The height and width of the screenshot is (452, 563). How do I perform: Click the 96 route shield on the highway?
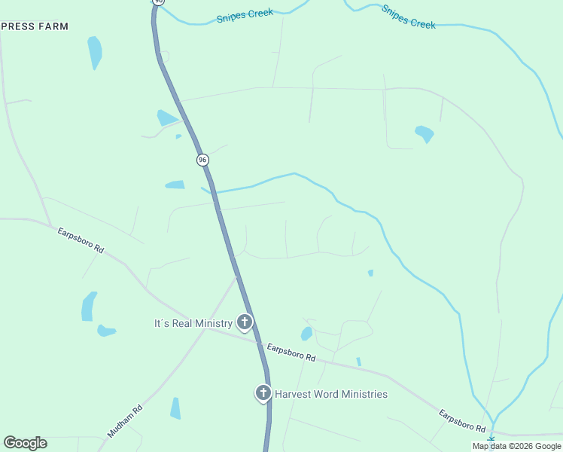[x=202, y=160]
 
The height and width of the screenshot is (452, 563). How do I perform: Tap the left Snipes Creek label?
[x=245, y=16]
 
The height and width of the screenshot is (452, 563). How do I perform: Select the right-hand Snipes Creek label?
[x=408, y=16]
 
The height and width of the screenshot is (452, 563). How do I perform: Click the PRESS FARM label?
[x=35, y=26]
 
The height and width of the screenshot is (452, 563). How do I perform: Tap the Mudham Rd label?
[x=125, y=423]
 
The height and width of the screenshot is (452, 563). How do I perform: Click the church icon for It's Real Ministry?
[x=244, y=322]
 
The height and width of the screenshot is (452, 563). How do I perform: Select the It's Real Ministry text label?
[x=193, y=323]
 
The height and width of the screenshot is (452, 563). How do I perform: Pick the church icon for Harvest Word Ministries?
[x=263, y=392]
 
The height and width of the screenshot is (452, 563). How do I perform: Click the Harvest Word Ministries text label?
[x=330, y=394]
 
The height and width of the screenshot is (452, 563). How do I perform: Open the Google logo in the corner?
[x=25, y=443]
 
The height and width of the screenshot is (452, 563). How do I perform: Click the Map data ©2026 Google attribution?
[x=517, y=446]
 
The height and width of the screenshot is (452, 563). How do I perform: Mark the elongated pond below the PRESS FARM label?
[x=95, y=52]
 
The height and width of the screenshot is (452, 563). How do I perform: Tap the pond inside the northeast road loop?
[x=425, y=134]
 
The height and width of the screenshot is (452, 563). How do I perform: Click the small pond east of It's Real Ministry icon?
[x=306, y=333]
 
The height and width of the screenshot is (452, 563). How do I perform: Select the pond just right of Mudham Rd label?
[x=175, y=408]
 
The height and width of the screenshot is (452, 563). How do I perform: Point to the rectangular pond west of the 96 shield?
[x=175, y=185]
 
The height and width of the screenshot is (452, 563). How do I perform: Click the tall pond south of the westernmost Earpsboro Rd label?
[x=89, y=306]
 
